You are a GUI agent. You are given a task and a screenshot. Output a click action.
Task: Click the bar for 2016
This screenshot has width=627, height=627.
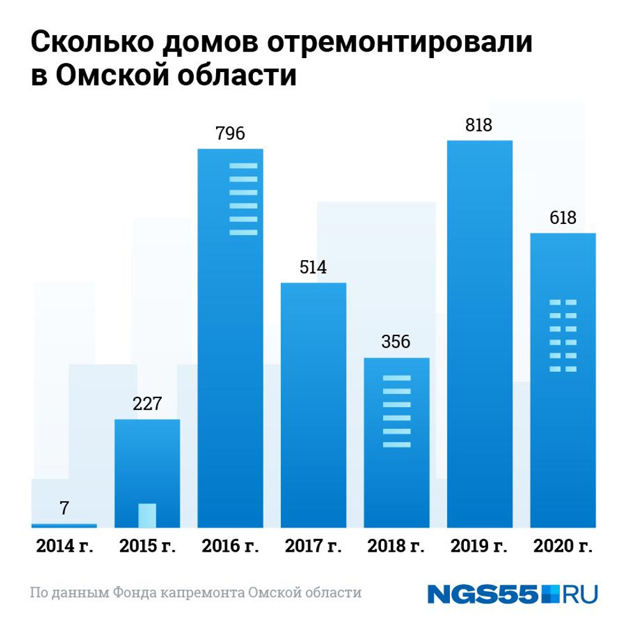pos(230,338)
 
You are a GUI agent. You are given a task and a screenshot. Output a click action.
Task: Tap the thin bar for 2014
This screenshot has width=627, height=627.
pos(64,525)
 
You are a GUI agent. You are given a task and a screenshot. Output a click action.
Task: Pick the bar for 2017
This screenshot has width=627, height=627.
pos(313,405)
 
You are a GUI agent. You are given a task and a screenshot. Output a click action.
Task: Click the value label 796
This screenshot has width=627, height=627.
pos(230,135)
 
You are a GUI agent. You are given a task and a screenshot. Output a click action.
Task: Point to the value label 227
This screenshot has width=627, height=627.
pos(147,404)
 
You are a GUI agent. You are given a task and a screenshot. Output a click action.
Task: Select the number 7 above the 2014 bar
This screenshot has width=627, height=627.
pos(64,508)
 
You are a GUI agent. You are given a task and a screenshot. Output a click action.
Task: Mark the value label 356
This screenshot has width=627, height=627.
pos(396,341)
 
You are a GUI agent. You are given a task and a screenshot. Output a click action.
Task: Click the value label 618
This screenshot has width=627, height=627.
pos(563,218)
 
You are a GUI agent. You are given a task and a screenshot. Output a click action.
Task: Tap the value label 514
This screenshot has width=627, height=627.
pos(313,267)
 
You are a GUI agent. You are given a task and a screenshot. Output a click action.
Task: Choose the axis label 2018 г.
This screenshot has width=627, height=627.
pos(396,547)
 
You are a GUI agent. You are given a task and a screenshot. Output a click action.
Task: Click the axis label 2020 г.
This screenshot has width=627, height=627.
pos(563,547)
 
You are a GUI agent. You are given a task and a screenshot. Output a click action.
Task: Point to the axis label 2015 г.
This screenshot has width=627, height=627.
pos(147,547)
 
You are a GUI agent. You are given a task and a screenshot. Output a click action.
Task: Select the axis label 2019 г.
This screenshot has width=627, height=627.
pos(480,547)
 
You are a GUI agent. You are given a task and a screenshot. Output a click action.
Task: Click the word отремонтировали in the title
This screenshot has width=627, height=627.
pos(399,43)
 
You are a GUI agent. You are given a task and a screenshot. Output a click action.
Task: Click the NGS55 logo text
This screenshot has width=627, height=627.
pos(484,594)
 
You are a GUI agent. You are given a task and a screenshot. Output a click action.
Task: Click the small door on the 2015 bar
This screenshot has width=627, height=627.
pos(147,515)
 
